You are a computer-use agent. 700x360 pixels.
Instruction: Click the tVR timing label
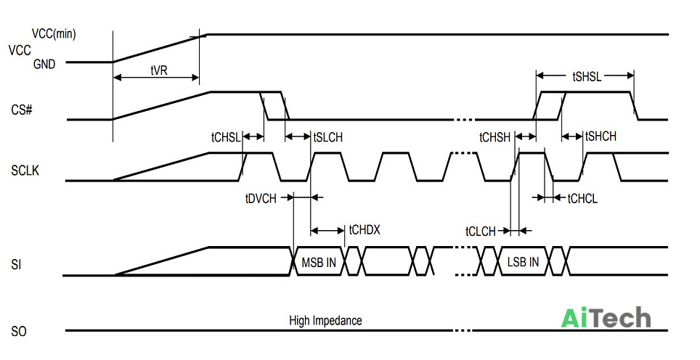(159, 70)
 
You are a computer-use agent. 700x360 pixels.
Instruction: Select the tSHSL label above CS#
(587, 77)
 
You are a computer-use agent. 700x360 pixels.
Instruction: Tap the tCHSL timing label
(226, 137)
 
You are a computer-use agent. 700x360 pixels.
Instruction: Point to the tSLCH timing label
(328, 137)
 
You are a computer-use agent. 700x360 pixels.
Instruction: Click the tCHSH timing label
(495, 137)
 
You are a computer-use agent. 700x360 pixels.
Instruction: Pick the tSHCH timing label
(601, 136)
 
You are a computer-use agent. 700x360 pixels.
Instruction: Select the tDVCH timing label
(261, 198)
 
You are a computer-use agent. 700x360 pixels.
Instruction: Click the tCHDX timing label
(365, 230)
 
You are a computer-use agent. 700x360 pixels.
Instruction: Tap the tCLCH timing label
(481, 232)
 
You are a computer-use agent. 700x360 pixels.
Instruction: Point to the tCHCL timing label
(582, 199)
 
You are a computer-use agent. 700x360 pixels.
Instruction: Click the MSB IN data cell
(319, 262)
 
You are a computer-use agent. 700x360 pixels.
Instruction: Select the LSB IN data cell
(523, 261)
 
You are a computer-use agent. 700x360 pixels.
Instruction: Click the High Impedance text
(325, 320)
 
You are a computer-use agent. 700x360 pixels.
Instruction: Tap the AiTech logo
(606, 318)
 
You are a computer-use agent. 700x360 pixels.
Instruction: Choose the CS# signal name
(22, 110)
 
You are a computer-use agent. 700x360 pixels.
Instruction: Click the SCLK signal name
(25, 171)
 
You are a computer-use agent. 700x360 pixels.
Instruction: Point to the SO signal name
(19, 332)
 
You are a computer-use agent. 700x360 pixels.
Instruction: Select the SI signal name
(16, 264)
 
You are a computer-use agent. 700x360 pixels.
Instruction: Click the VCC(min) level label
(54, 33)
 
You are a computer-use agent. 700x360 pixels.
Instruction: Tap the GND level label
(44, 65)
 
